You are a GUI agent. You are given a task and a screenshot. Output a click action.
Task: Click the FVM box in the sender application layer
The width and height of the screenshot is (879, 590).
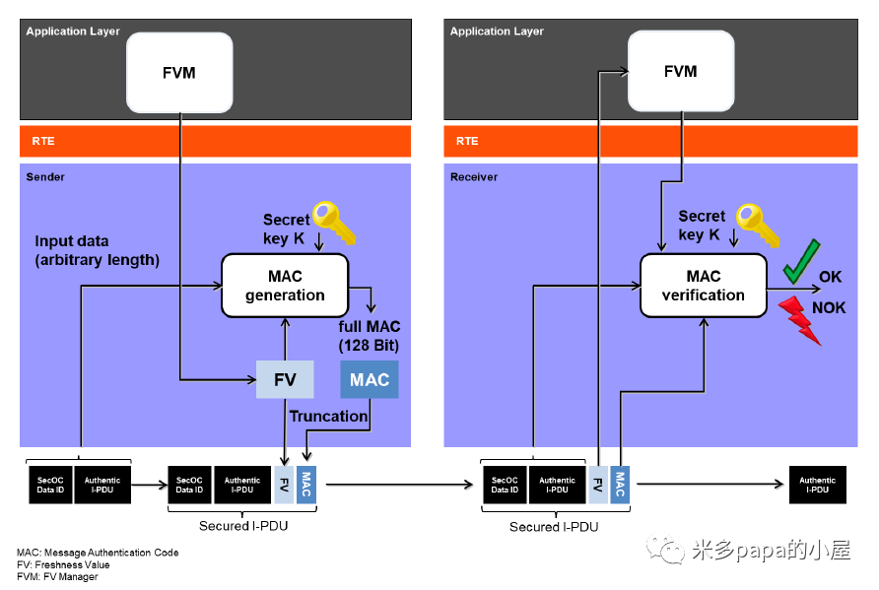click(x=180, y=72)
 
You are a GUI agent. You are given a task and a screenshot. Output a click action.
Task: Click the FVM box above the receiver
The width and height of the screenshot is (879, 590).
click(x=680, y=72)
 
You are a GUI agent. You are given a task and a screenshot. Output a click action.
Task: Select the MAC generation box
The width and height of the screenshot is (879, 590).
click(x=285, y=286)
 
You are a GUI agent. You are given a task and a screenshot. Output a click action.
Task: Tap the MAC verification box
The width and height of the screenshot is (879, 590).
click(x=703, y=286)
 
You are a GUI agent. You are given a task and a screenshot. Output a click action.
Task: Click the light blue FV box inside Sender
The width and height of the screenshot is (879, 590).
click(x=285, y=379)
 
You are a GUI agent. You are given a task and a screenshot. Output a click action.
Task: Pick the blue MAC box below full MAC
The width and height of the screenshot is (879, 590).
click(x=370, y=379)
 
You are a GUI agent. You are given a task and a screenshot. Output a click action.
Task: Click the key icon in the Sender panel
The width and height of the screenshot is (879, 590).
click(x=334, y=223)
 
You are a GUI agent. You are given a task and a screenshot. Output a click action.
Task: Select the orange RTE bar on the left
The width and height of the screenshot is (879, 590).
click(x=215, y=141)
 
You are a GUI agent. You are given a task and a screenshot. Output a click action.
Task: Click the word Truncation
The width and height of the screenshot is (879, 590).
click(x=328, y=417)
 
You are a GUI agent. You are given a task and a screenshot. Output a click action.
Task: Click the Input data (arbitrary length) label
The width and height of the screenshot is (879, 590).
click(x=97, y=250)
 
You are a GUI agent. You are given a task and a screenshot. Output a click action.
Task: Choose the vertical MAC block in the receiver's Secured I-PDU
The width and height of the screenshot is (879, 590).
click(x=620, y=484)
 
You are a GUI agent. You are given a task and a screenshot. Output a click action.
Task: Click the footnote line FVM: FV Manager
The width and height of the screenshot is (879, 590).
click(x=57, y=577)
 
